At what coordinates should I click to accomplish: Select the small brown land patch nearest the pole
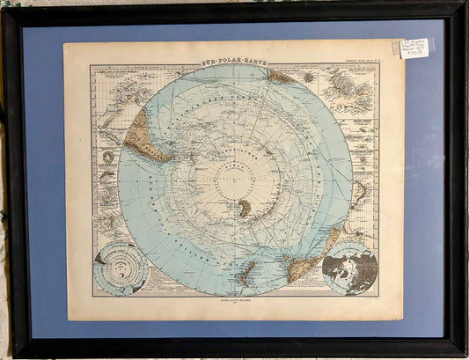click(244, 207)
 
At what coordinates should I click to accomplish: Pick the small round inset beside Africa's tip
click(308, 77)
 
